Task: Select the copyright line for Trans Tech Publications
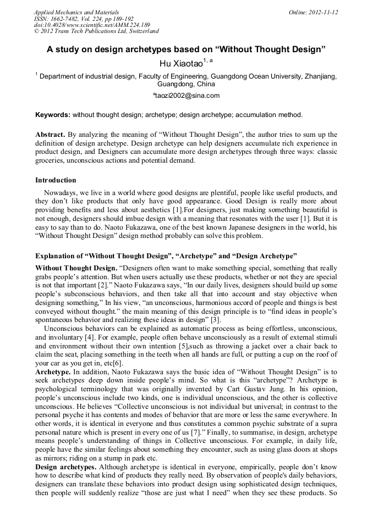96,32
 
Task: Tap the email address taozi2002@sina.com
187,96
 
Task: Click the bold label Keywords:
53,115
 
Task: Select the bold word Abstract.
50,134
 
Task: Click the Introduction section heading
56,180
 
